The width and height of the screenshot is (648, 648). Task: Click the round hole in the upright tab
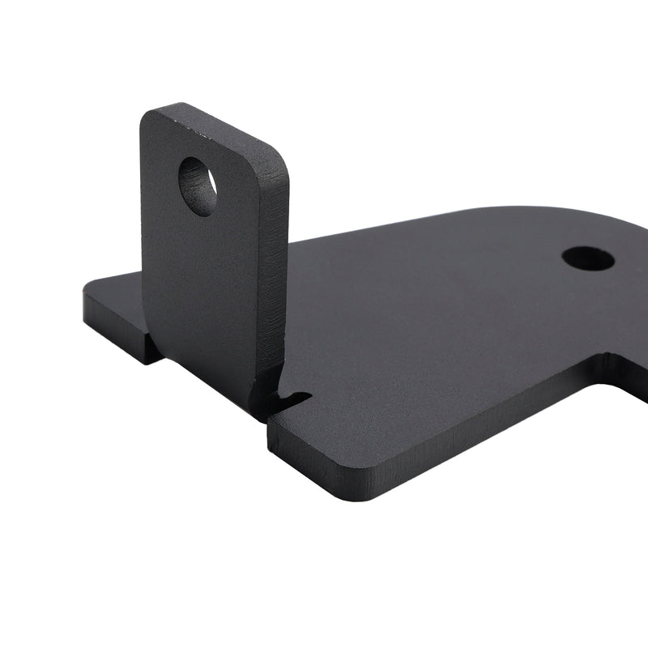[198, 186]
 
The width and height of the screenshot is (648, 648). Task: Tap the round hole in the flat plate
[588, 258]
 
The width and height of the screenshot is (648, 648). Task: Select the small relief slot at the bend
[293, 398]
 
